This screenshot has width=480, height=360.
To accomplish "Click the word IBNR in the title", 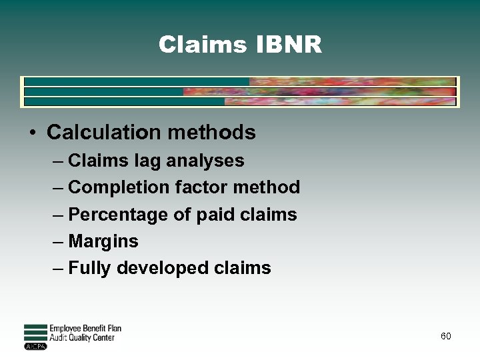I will click(x=289, y=45).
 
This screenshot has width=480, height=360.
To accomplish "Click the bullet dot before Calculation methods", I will click(x=32, y=132).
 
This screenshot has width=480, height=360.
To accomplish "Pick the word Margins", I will click(x=103, y=241).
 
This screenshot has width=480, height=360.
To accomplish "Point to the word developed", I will click(x=163, y=268).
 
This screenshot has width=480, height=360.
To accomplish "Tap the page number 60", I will click(x=445, y=336).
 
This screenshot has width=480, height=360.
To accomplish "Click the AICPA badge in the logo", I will click(x=35, y=347).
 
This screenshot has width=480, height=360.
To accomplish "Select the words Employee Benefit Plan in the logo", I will click(x=85, y=329).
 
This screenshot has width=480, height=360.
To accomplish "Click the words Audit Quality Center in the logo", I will click(x=82, y=337).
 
